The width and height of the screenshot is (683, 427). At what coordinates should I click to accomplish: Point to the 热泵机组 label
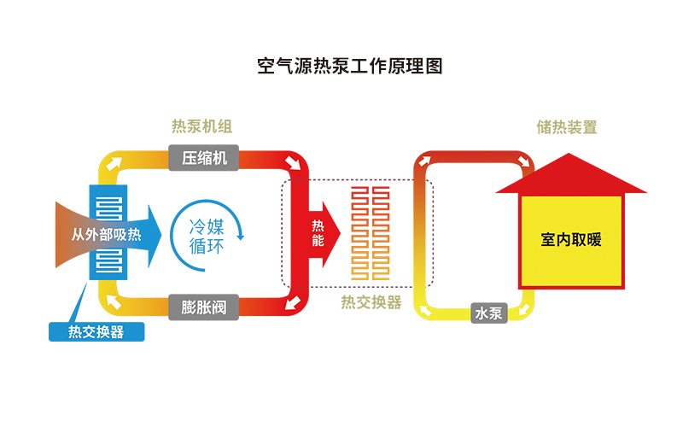tap(201, 126)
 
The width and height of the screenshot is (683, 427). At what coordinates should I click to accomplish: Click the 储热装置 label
tap(567, 127)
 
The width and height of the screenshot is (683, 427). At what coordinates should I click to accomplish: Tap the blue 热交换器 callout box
tap(96, 332)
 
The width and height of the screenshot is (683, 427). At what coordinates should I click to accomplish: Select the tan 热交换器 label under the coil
tap(371, 302)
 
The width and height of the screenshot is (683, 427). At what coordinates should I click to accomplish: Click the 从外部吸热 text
tap(106, 234)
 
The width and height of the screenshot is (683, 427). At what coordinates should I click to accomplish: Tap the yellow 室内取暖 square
tap(571, 240)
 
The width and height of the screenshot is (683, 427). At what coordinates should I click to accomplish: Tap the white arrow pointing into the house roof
tap(526, 163)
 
